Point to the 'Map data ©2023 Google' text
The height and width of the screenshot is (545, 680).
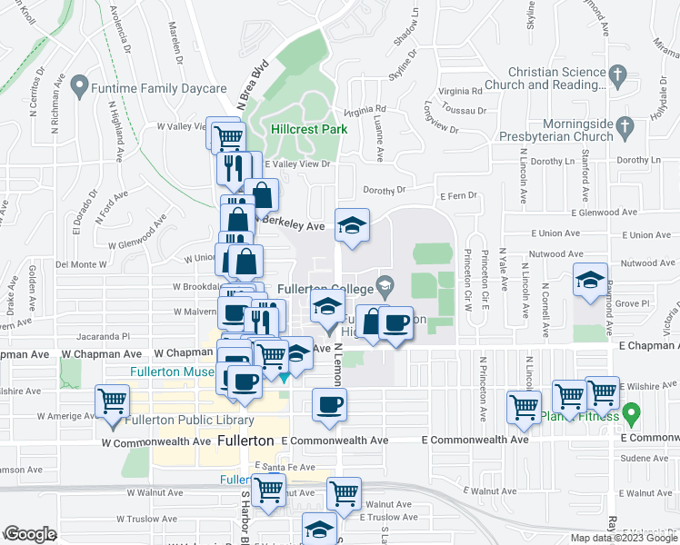tap(624, 538)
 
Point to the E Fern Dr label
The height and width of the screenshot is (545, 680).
tap(458, 196)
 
